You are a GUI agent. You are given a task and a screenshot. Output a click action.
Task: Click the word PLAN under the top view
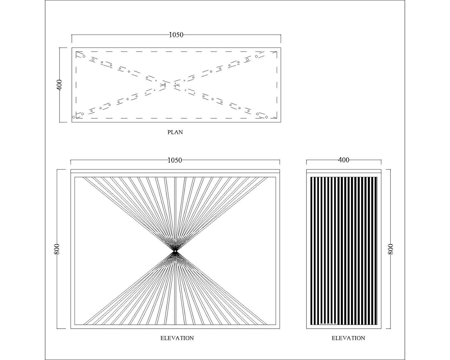(175, 132)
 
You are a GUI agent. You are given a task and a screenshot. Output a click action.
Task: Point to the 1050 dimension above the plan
(176, 35)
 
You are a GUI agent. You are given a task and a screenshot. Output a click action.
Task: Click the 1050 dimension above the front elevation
(175, 160)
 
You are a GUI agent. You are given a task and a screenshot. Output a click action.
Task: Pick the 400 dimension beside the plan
(59, 85)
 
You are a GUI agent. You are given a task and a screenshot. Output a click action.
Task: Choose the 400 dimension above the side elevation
(344, 160)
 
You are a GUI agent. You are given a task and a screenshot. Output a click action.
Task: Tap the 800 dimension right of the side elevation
(391, 249)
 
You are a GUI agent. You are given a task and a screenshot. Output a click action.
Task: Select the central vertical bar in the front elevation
(175, 251)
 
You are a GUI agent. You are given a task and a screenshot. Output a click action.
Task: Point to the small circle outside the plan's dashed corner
(73, 117)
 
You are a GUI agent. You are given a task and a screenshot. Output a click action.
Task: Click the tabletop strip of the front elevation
(175, 171)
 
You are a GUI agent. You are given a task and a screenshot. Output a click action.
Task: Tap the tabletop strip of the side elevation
(344, 171)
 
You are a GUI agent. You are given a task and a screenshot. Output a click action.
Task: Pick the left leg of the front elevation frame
(73, 251)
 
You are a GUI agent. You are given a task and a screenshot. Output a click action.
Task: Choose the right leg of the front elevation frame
(278, 251)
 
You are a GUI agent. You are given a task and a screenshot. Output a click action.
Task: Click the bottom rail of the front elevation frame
(175, 327)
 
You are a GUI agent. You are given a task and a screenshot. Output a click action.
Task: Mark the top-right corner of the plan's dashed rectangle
(277, 51)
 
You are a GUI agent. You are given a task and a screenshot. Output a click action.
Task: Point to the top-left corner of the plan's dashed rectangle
(76, 51)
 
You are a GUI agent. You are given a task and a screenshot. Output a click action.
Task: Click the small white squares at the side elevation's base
(328, 324)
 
